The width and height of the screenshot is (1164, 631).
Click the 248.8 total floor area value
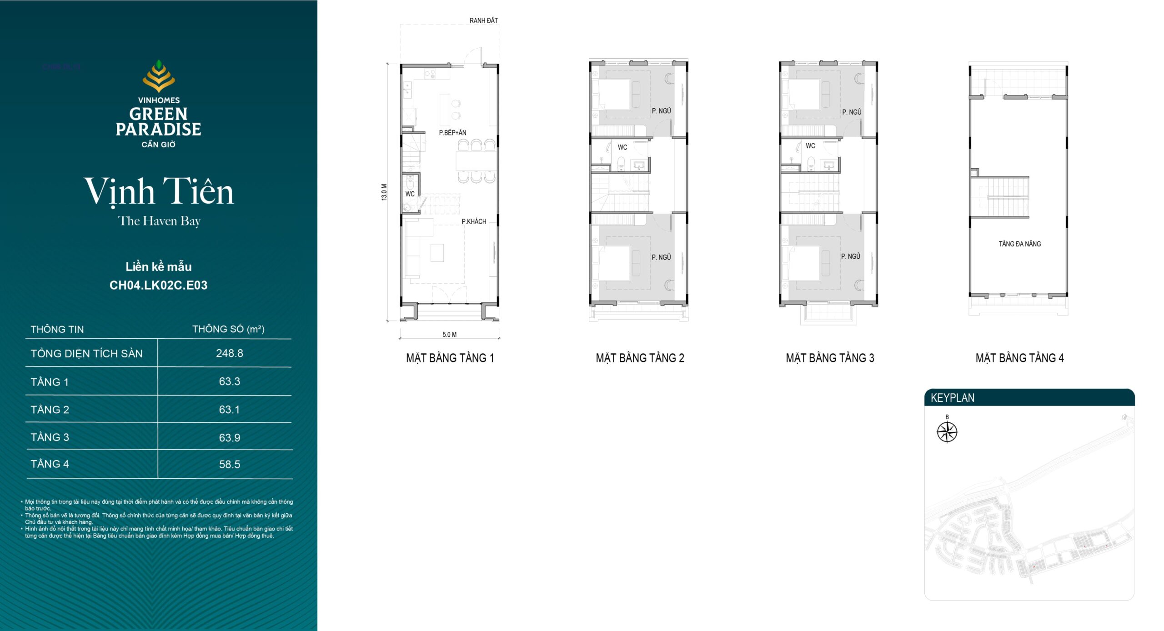click(230, 353)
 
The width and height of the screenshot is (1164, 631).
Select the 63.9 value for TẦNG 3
click(230, 438)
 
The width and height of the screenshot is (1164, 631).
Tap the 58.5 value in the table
click(230, 465)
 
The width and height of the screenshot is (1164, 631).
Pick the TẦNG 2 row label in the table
click(50, 410)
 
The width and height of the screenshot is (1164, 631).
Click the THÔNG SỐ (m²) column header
click(228, 329)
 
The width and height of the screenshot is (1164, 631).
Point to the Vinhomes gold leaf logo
click(159, 76)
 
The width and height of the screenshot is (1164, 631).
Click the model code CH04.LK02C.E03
click(159, 285)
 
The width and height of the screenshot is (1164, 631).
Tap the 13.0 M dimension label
click(385, 192)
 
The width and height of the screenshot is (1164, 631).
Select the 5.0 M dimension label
click(450, 335)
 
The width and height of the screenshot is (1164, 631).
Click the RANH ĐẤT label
click(484, 20)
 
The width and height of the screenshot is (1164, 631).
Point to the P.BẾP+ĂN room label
click(452, 133)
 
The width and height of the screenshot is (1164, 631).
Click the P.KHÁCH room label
click(474, 221)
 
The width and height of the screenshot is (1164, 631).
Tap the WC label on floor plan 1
click(410, 194)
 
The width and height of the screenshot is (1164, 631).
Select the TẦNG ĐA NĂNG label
click(1020, 244)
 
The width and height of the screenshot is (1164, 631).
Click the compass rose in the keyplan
click(947, 431)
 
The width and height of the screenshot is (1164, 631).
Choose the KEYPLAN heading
click(953, 398)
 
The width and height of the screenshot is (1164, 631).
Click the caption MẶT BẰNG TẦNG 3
click(830, 358)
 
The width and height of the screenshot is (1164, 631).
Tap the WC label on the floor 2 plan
click(622, 147)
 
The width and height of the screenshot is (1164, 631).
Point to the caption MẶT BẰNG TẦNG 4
click(1020, 358)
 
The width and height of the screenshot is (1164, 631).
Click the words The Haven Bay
click(159, 221)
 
